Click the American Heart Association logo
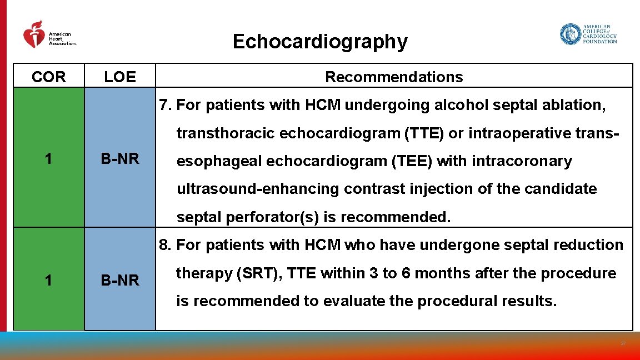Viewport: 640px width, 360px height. (x=49, y=35)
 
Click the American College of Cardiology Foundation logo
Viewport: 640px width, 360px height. (x=588, y=34)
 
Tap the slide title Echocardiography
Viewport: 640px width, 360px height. (x=320, y=42)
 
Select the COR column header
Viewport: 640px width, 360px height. (x=49, y=77)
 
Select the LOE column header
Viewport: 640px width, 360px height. (x=120, y=77)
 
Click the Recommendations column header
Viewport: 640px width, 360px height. (x=394, y=77)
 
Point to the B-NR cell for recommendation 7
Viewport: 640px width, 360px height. (x=120, y=159)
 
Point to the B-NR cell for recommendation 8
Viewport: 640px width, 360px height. (x=120, y=281)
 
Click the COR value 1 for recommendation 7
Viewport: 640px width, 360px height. (x=49, y=159)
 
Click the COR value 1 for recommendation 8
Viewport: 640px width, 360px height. (x=49, y=281)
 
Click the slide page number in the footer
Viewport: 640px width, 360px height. (x=623, y=344)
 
